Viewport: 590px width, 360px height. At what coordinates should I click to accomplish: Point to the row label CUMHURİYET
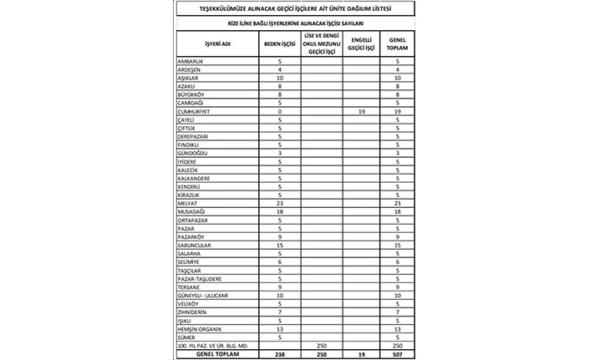click(x=195, y=110)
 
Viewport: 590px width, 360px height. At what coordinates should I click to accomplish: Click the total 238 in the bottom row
click(x=279, y=353)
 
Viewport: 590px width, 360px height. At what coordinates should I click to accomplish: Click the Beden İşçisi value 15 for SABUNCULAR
click(x=279, y=245)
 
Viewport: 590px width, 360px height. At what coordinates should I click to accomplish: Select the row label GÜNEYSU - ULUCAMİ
click(x=203, y=295)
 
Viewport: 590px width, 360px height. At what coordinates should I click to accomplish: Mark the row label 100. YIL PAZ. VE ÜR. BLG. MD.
click(x=213, y=345)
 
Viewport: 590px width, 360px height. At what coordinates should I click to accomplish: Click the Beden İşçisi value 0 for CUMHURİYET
click(x=279, y=110)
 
